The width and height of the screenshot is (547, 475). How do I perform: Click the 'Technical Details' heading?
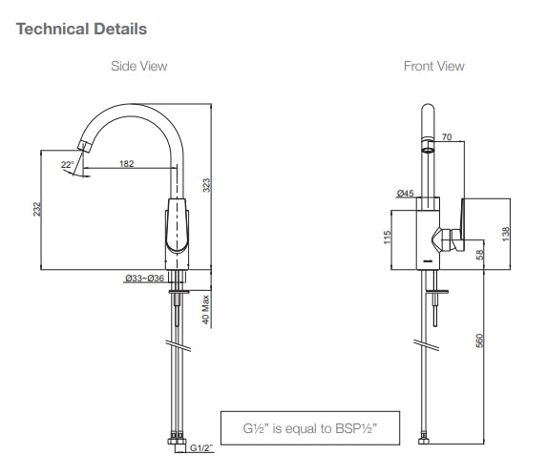coord(82,29)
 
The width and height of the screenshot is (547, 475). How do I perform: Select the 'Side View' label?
coord(140,66)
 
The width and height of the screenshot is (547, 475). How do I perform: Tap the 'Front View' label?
coord(433,66)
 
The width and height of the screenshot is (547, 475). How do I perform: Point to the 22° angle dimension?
coord(66,165)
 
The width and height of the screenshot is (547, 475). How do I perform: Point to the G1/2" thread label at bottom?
coord(201,447)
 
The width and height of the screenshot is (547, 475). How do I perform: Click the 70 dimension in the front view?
coord(446,137)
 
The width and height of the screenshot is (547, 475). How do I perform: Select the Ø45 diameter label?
coord(405,194)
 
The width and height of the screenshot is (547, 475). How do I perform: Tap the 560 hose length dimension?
coord(480,341)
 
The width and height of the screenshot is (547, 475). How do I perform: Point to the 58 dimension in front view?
coord(480,252)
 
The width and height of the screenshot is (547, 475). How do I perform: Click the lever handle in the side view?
coord(176,229)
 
